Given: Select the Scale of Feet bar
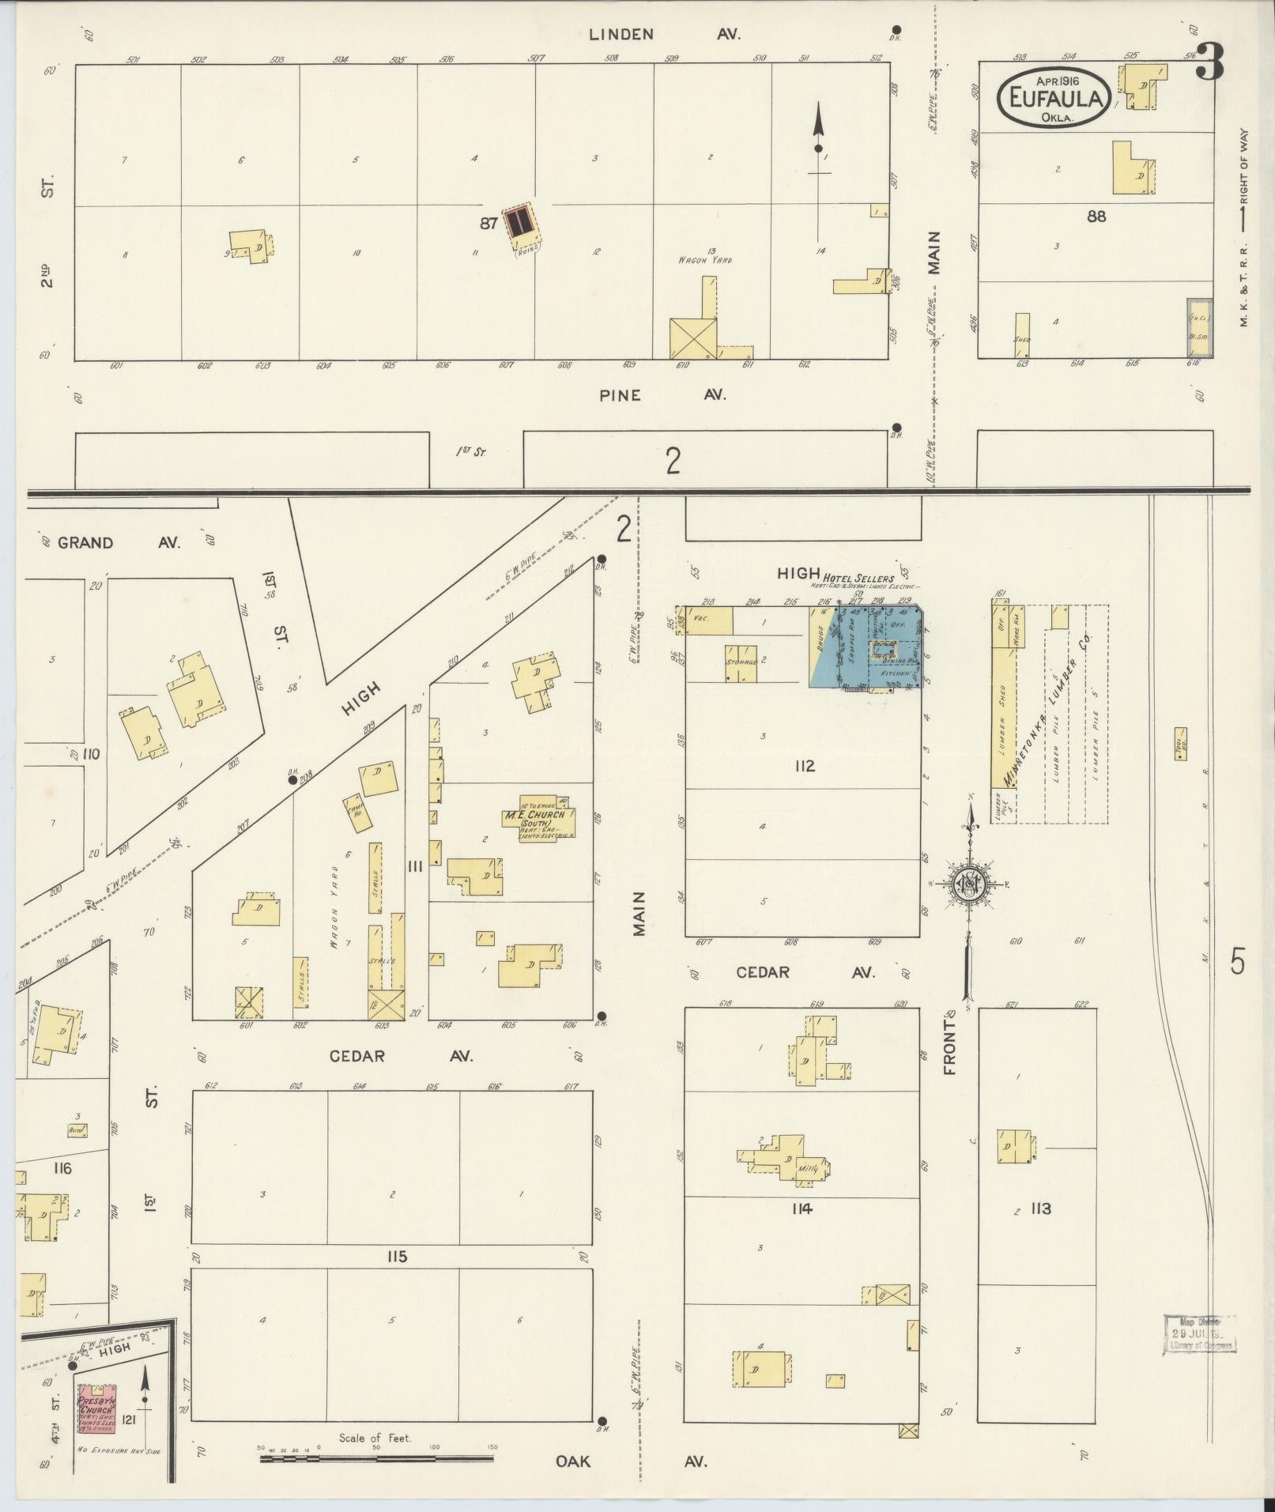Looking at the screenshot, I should [376, 1457].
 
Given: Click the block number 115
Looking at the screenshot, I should [397, 1257].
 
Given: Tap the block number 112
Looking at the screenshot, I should [805, 766].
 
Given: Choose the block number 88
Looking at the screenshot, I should [1096, 216].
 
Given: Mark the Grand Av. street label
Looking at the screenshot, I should [119, 543].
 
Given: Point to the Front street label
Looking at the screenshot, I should [949, 1047].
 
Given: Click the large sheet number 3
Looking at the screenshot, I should [1209, 62].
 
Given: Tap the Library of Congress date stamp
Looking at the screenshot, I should [1200, 1334].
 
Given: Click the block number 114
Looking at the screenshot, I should [801, 1208].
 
